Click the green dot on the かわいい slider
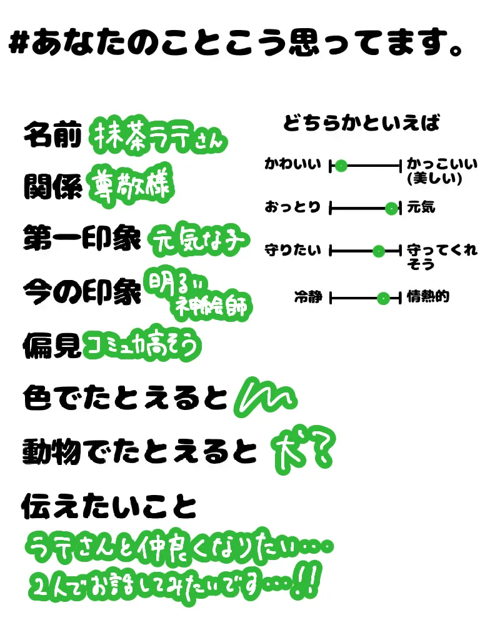[x=341, y=166]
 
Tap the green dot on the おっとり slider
[x=391, y=208]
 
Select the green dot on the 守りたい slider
[x=378, y=251]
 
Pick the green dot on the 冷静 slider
[x=383, y=298]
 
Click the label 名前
[x=52, y=136]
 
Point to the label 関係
[x=52, y=186]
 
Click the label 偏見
[x=52, y=342]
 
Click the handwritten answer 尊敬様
[x=131, y=184]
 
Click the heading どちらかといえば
[x=361, y=123]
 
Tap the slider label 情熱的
[x=427, y=297]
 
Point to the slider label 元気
[x=421, y=207]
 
